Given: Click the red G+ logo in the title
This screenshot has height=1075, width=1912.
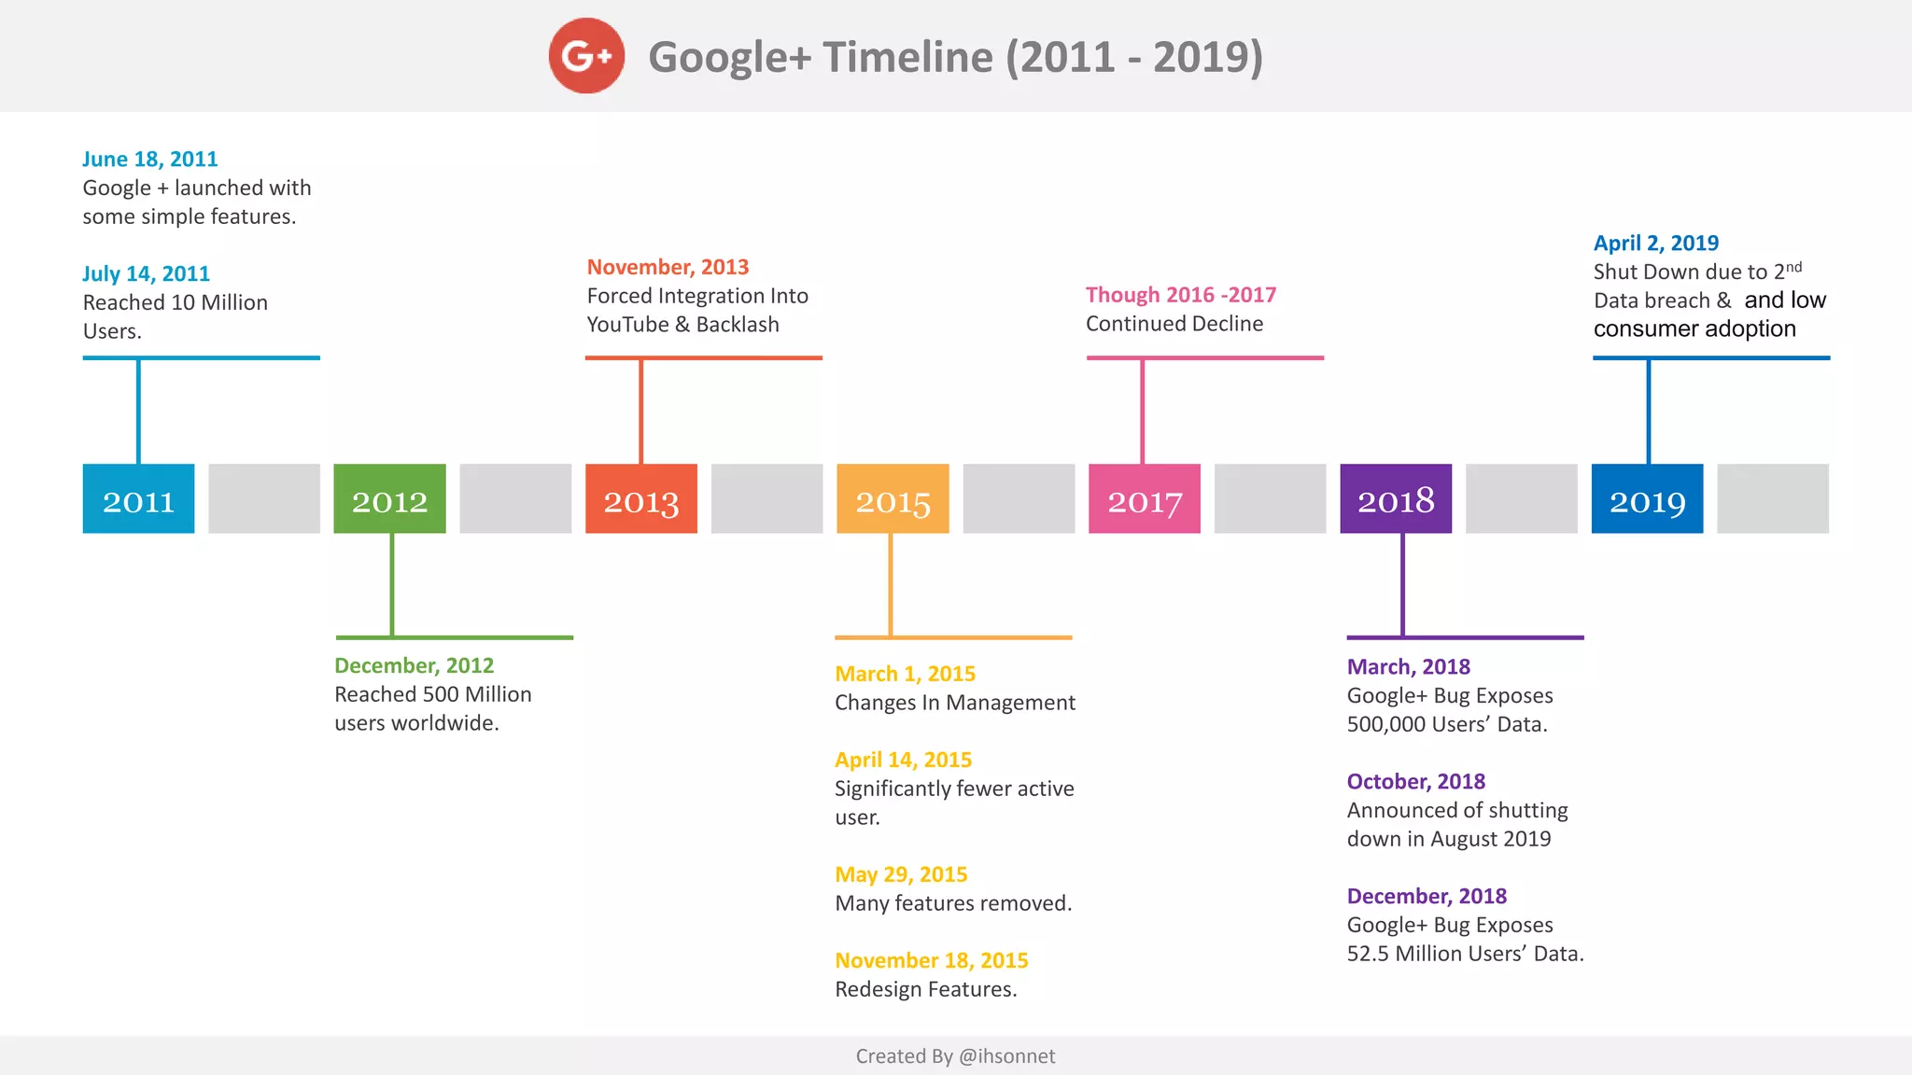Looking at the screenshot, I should click(x=586, y=56).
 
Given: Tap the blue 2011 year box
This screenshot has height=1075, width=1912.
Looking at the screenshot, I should click(x=138, y=499).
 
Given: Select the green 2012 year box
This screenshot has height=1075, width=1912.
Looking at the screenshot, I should click(x=389, y=499).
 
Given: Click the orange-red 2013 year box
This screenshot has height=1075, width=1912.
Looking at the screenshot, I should click(x=641, y=499).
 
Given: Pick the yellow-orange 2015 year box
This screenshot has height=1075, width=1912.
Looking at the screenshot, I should click(x=893, y=499).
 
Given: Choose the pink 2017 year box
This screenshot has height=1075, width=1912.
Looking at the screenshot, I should click(x=1145, y=499).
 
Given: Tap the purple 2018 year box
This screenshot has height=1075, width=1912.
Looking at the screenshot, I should click(x=1396, y=499).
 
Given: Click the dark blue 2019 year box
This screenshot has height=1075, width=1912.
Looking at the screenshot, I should click(x=1647, y=499).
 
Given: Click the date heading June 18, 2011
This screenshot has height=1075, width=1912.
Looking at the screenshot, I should click(x=149, y=160).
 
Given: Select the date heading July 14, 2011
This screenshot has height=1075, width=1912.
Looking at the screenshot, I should click(x=146, y=274).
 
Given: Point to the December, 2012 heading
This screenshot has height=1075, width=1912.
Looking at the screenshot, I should click(x=414, y=666).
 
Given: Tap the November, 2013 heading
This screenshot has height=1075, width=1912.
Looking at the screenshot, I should click(x=668, y=268).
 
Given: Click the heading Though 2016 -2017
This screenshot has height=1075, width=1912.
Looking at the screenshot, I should click(x=1180, y=296).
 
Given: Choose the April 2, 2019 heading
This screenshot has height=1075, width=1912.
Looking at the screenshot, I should click(x=1655, y=244).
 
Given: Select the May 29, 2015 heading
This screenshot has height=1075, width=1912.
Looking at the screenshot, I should click(x=901, y=875).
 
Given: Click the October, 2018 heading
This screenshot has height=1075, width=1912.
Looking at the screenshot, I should click(x=1415, y=782).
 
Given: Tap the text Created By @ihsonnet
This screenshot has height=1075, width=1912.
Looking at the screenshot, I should click(x=955, y=1056).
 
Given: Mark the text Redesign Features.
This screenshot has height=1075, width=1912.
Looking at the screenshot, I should click(x=925, y=989).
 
